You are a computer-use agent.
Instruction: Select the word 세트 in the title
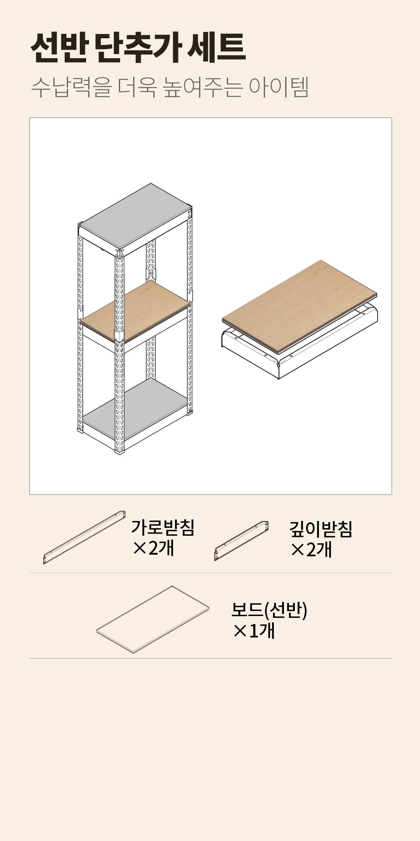pyautogui.click(x=216, y=48)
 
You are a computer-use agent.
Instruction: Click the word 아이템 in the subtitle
pyautogui.click(x=278, y=87)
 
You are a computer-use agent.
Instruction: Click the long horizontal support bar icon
pyautogui.click(x=84, y=537)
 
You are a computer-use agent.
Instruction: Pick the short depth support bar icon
pyautogui.click(x=241, y=541)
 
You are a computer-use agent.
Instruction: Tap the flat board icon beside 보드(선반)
pyautogui.click(x=153, y=619)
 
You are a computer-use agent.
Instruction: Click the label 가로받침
pyautogui.click(x=163, y=527)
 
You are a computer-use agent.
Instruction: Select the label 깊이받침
pyautogui.click(x=320, y=529)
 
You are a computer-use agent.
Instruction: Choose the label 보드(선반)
pyautogui.click(x=269, y=610)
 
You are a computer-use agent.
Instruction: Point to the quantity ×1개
pyautogui.click(x=254, y=630)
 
